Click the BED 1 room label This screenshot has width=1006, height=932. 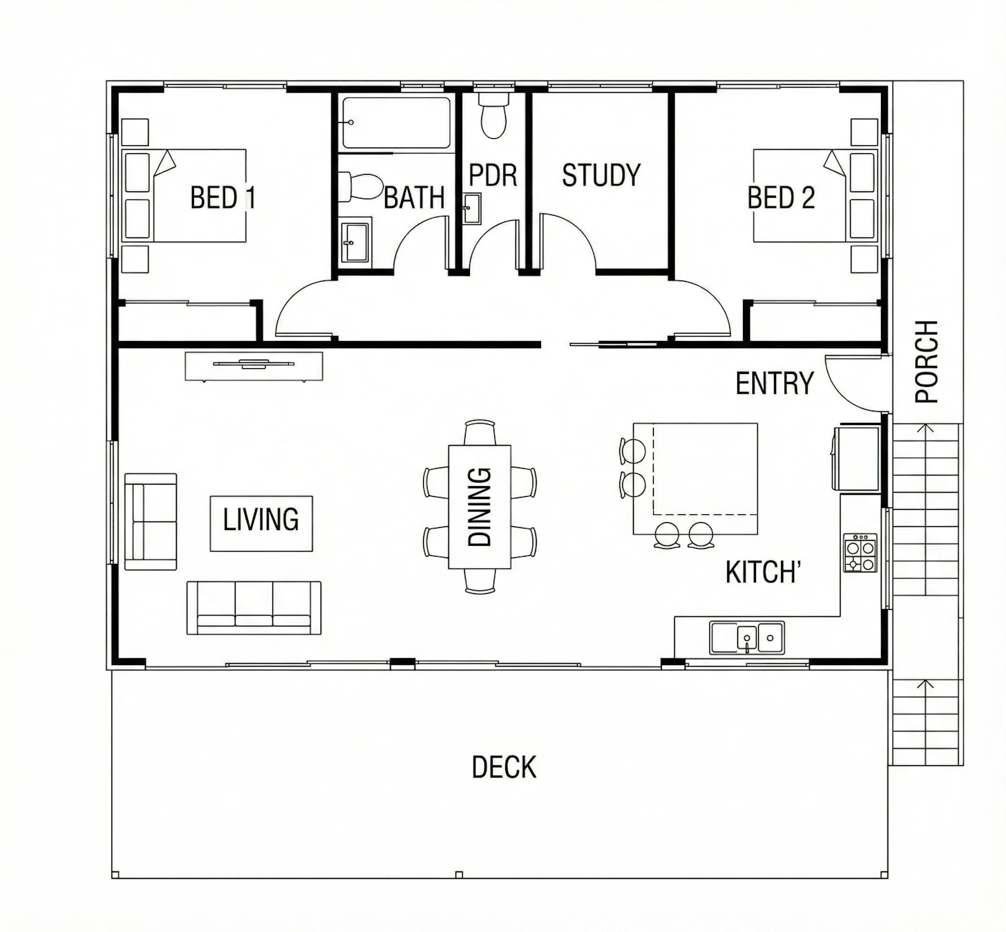(x=223, y=197)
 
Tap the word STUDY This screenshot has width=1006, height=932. (x=601, y=175)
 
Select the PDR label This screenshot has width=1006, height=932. (x=493, y=175)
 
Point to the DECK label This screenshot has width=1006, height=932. (x=504, y=767)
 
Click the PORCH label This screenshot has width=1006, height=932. (x=927, y=362)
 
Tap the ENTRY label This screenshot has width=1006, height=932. (x=775, y=383)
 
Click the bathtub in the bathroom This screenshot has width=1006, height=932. (x=396, y=123)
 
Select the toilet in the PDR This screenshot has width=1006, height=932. (x=494, y=115)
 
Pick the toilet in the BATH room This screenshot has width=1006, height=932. (x=361, y=186)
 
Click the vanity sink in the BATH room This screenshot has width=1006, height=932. (x=356, y=242)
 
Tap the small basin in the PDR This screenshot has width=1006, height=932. (x=472, y=209)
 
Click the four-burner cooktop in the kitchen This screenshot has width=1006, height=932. (x=860, y=553)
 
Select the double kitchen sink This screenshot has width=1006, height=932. (x=747, y=637)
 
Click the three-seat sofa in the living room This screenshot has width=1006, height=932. (x=254, y=608)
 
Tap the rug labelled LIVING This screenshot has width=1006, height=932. (x=262, y=524)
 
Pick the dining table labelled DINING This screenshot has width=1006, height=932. (x=480, y=506)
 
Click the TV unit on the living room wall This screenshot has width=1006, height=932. (x=254, y=366)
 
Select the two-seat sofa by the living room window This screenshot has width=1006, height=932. (x=150, y=522)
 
